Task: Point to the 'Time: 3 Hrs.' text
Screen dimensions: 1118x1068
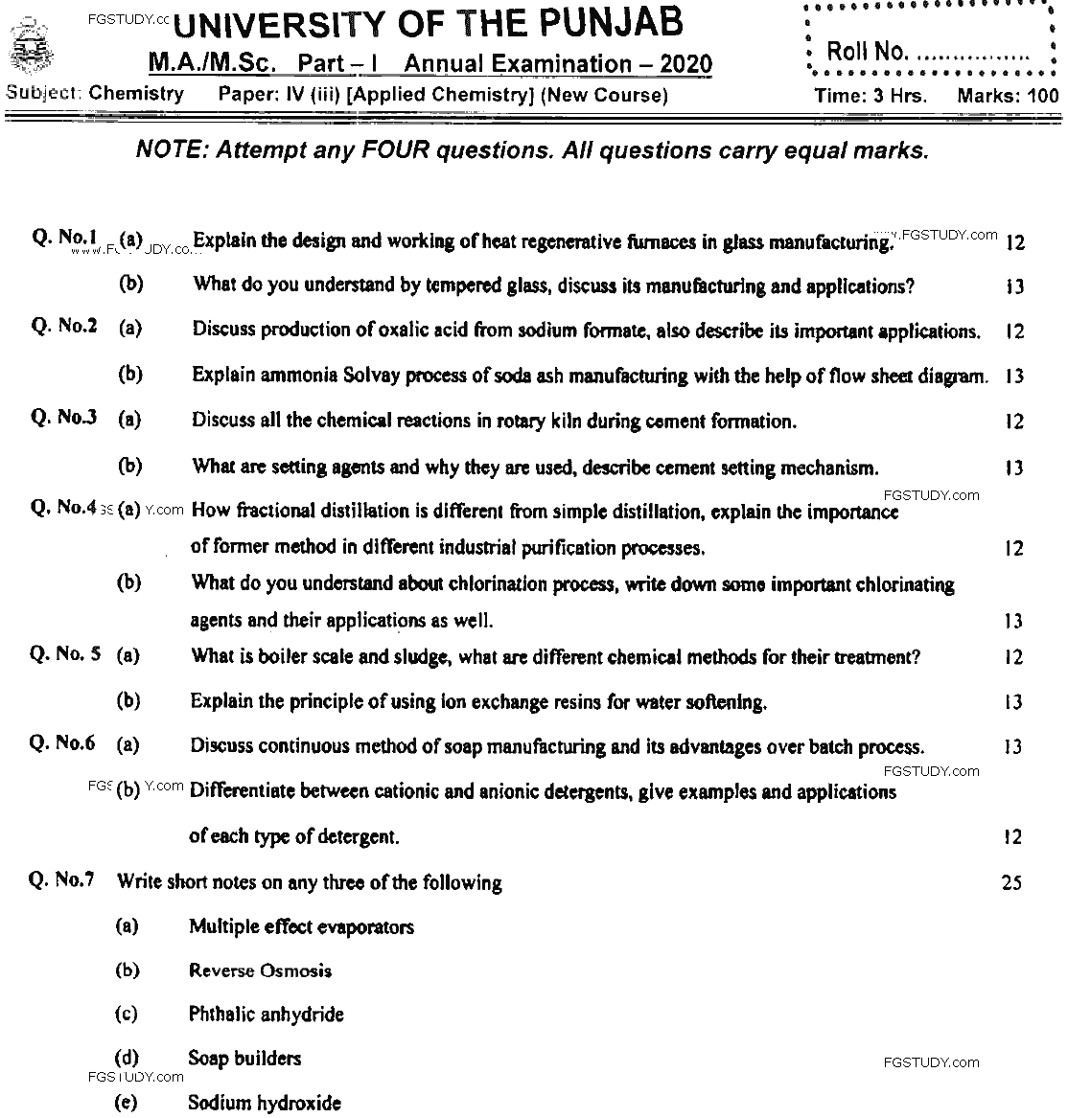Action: pyautogui.click(x=871, y=96)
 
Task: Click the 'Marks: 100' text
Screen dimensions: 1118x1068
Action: pyautogui.click(x=1008, y=96)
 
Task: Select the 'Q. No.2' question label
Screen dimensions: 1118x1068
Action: pyautogui.click(x=64, y=326)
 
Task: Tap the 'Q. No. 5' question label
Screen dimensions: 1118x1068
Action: pyautogui.click(x=65, y=654)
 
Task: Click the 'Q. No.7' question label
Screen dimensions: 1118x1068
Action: pyautogui.click(x=62, y=879)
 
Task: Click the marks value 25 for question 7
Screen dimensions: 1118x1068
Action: pyautogui.click(x=1011, y=882)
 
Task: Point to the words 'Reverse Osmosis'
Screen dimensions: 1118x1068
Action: pyautogui.click(x=260, y=970)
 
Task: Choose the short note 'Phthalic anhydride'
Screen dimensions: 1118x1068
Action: pyautogui.click(x=266, y=1015)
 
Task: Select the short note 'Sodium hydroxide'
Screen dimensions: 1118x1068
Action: pyautogui.click(x=264, y=1103)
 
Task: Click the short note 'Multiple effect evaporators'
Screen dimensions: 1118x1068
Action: pyautogui.click(x=301, y=926)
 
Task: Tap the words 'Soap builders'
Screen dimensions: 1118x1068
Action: pyautogui.click(x=244, y=1059)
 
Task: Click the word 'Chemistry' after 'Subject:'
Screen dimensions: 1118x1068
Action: pyautogui.click(x=136, y=94)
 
